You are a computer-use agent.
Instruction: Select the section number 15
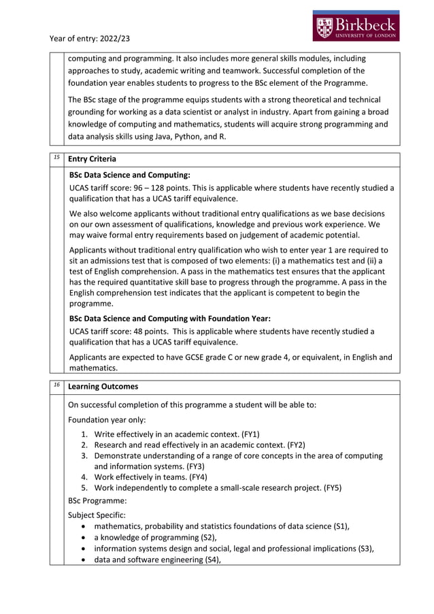coord(57,157)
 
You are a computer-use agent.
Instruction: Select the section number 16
coord(57,385)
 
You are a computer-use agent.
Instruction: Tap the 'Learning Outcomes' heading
coord(103,387)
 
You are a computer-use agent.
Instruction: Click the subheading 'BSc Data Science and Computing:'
coord(130,175)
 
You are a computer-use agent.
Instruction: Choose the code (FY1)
coord(250,434)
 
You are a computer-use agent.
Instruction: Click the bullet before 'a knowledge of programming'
coord(83,537)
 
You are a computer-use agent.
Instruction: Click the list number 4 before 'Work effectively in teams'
coord(85,477)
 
